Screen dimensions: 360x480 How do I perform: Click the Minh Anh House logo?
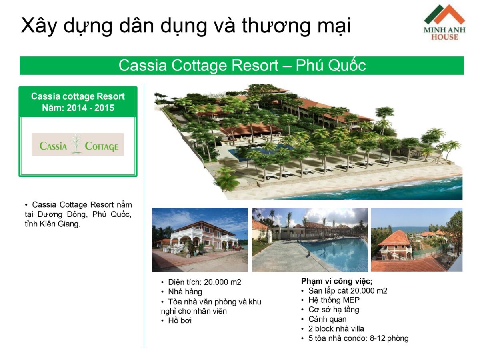[x=444, y=22]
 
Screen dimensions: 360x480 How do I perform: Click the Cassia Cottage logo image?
[x=78, y=144]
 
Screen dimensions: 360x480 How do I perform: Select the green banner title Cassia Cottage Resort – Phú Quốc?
[x=242, y=66]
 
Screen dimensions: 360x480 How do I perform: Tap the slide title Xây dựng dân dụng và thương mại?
[x=186, y=26]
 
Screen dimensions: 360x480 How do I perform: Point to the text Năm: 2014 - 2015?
[x=78, y=108]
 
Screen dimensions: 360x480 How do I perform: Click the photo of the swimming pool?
[x=310, y=240]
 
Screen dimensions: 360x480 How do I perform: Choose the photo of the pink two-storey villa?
[x=200, y=240]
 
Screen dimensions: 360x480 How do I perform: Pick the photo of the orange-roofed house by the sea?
[x=416, y=240]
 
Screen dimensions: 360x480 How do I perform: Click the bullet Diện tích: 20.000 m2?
[x=204, y=282]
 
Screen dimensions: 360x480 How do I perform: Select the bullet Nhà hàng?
[x=185, y=292]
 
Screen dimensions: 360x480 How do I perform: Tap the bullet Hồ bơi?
[x=180, y=320]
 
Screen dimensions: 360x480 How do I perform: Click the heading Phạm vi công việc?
[x=337, y=281]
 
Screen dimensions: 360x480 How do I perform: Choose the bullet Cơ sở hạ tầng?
[x=334, y=310]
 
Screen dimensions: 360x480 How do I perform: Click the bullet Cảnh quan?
[x=327, y=319]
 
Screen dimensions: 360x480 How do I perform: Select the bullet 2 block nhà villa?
[x=336, y=329]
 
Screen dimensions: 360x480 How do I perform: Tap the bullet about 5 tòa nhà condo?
[x=358, y=338]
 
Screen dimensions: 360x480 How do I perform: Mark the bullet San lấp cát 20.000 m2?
[x=348, y=291]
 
